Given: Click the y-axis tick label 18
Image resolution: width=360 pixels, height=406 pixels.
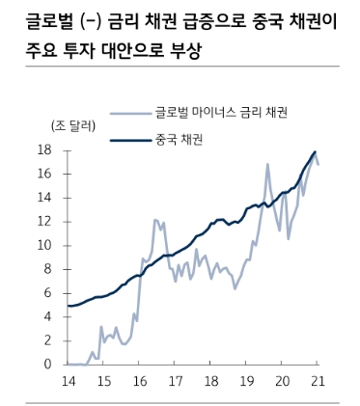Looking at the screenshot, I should [43, 149].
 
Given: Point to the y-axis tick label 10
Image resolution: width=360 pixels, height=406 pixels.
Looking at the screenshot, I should [43, 245].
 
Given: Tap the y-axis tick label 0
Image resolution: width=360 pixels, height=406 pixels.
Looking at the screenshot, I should [46, 365].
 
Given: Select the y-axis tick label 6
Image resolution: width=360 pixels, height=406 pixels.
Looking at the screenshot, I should [46, 293].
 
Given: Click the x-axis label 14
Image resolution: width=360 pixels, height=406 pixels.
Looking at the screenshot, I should [69, 382].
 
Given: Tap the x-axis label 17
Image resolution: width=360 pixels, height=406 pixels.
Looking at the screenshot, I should [175, 382].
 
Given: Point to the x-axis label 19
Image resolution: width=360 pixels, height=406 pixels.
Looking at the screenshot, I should [246, 382].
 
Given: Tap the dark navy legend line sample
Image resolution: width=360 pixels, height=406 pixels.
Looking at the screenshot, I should [130, 140].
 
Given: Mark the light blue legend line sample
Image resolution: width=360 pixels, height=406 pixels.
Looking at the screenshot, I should [130, 114].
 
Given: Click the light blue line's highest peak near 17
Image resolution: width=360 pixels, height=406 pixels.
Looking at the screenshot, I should [267, 165].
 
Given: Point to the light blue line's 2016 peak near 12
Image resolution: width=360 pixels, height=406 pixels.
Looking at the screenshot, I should [155, 220].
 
